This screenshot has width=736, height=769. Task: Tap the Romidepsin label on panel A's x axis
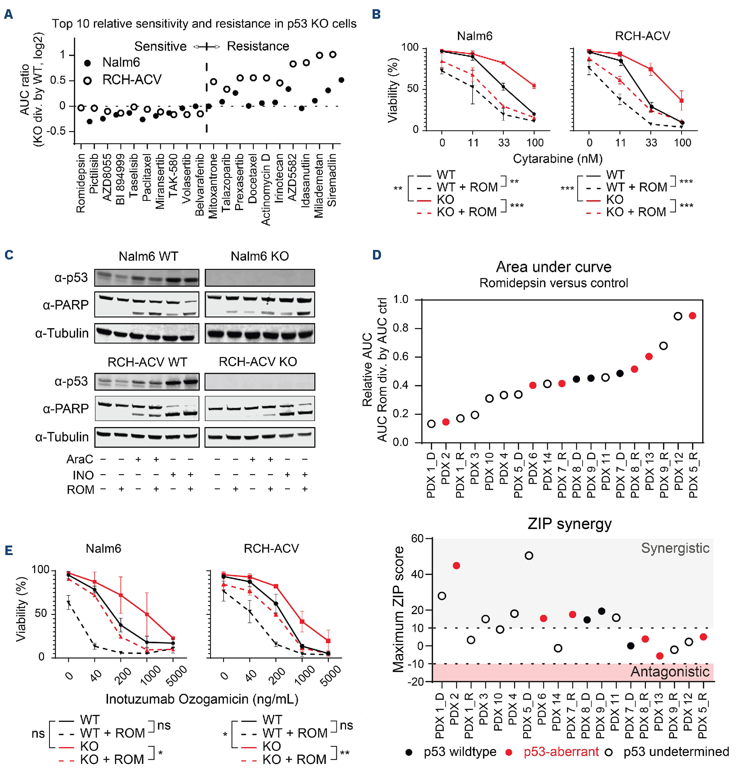pos(81,183)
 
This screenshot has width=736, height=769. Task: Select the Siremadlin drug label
pos(332,180)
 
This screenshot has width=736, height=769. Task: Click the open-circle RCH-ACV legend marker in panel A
pos(88,81)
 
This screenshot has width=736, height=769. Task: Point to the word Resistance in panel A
pos(258,46)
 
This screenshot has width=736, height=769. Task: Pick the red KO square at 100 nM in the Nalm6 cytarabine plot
pos(534,85)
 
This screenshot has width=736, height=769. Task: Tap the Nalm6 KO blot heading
pos(260,256)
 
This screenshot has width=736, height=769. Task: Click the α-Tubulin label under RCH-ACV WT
pos(62,437)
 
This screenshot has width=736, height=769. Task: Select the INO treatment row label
pos(83,475)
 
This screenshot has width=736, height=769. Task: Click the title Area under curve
pos(554,267)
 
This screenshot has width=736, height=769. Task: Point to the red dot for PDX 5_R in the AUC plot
pos(692,316)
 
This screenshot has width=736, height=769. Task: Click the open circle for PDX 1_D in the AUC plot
pos(431,424)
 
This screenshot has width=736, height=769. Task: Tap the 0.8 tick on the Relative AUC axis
pos(401,328)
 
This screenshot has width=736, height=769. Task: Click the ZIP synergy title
pos(569,524)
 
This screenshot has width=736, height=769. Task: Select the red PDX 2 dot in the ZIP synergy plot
pos(456,566)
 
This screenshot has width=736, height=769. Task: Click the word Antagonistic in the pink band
pos(670,672)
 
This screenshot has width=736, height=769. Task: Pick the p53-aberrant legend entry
pos(561,752)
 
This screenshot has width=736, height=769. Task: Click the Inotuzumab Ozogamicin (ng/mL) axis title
pos(202,699)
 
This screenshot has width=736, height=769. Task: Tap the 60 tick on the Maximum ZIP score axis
pos(417,538)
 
